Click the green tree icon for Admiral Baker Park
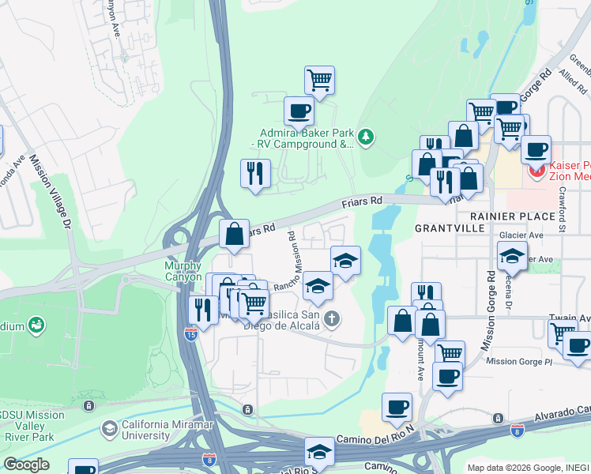click(365, 138)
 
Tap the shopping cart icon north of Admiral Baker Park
click(319, 79)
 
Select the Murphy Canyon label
click(183, 271)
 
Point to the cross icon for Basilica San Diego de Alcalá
click(333, 319)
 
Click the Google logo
click(25, 465)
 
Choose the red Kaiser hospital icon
click(537, 170)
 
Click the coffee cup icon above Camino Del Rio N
click(397, 407)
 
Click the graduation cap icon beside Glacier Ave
click(512, 255)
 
